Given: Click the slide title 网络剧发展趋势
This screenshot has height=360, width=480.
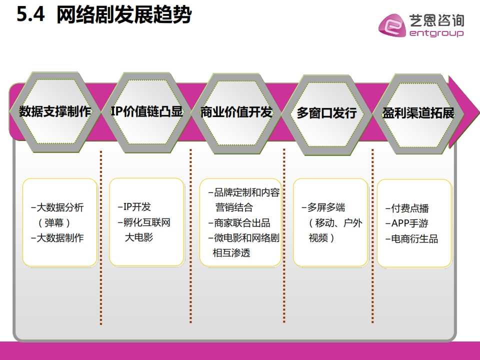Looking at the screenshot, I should (x=124, y=15).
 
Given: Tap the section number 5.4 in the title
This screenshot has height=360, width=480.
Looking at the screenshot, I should (x=31, y=15).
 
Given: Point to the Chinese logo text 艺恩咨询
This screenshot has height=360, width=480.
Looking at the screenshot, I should (x=436, y=20).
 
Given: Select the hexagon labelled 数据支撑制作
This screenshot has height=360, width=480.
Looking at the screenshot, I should (x=55, y=112).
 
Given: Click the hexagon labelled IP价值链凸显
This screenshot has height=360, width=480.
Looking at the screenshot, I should (x=146, y=111).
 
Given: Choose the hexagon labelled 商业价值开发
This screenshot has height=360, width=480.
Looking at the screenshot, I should (x=236, y=112).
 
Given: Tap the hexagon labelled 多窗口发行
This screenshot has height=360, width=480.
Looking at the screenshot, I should (x=326, y=113).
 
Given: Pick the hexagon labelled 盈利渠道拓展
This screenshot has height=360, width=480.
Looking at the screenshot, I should (x=418, y=113).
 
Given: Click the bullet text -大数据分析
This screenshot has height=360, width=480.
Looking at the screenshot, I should (x=57, y=207).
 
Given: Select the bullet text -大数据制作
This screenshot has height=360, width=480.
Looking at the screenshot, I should (x=57, y=238).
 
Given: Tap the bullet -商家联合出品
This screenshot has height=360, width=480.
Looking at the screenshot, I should (x=239, y=223).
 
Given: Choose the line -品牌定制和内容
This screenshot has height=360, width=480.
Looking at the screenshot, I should (x=243, y=193).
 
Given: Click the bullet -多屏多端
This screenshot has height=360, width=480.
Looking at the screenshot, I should (x=323, y=207).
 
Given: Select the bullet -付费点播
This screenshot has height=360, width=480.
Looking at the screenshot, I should (x=407, y=208).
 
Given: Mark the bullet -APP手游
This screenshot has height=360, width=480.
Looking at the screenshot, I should (x=407, y=223).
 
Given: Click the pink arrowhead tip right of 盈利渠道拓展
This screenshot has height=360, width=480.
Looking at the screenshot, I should (x=470, y=113).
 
